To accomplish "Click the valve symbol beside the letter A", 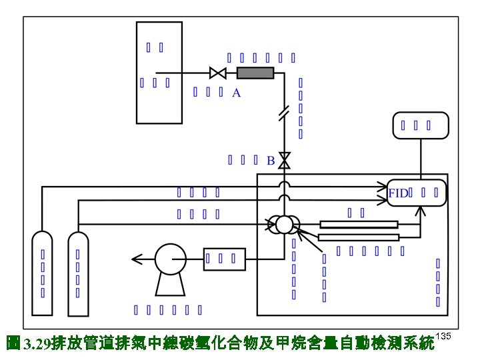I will click(217, 73).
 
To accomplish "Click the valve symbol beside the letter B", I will click(285, 161).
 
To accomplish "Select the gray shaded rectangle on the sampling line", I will click(255, 73).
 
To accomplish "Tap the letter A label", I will click(236, 94).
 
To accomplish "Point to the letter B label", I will click(271, 161).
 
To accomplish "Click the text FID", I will click(398, 193).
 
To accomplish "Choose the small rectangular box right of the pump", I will click(225, 259).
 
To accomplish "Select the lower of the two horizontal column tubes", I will click(359, 237).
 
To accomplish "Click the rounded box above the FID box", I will click(420, 125).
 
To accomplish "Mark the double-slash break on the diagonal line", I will click(283, 114).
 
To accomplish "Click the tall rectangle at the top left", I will click(159, 73).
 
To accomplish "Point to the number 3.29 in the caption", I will click(36, 344).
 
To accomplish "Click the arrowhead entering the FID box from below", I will click(421, 211).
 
